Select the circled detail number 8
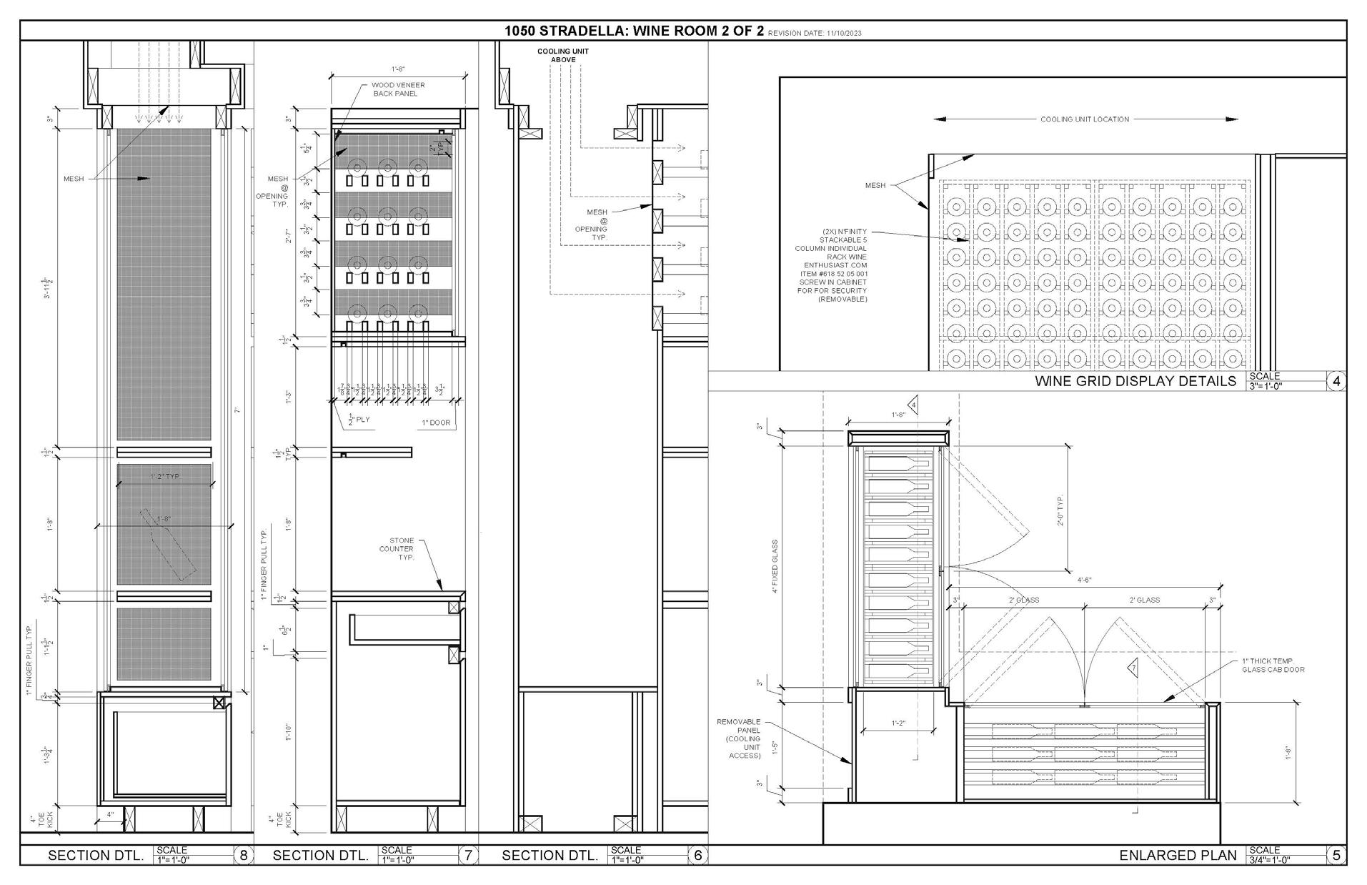[x=244, y=855]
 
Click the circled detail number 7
[x=468, y=855]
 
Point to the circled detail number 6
[x=698, y=855]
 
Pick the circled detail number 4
[x=1336, y=381]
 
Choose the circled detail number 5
[x=1336, y=855]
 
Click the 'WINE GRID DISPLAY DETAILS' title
[x=1135, y=382]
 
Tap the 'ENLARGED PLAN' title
[x=1177, y=856]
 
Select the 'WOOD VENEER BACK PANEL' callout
[x=394, y=89]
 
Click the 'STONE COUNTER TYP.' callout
[x=401, y=549]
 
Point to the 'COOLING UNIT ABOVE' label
[x=563, y=56]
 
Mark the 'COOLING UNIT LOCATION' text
[x=1084, y=119]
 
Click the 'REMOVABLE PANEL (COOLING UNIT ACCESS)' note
[x=739, y=738]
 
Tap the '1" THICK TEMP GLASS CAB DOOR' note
[x=1273, y=666]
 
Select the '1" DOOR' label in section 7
[x=436, y=422]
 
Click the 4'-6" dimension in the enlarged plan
[x=1083, y=580]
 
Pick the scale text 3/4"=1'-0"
[x=1269, y=860]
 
